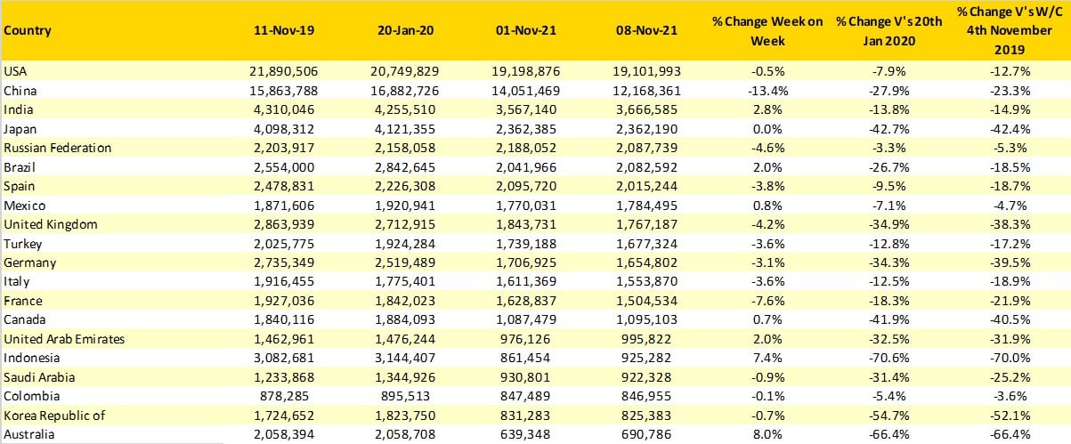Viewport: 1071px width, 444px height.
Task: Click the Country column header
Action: (28, 30)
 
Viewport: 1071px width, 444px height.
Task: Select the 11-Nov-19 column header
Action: (284, 30)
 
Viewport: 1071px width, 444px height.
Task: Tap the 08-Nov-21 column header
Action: (646, 30)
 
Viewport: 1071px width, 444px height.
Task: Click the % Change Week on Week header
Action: (767, 29)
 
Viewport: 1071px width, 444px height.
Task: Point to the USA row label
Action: (16, 71)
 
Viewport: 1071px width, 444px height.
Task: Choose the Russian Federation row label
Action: (58, 148)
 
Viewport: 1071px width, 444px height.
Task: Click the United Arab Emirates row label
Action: (64, 339)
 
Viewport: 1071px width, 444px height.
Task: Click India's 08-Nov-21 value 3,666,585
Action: (646, 109)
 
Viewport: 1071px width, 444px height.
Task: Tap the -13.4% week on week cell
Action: (767, 91)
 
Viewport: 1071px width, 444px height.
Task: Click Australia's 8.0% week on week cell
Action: (767, 434)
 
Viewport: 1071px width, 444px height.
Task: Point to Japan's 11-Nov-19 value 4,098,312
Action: (284, 129)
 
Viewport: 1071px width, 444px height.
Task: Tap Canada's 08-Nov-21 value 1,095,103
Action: (646, 319)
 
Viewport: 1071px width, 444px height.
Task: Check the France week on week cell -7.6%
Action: (767, 301)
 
